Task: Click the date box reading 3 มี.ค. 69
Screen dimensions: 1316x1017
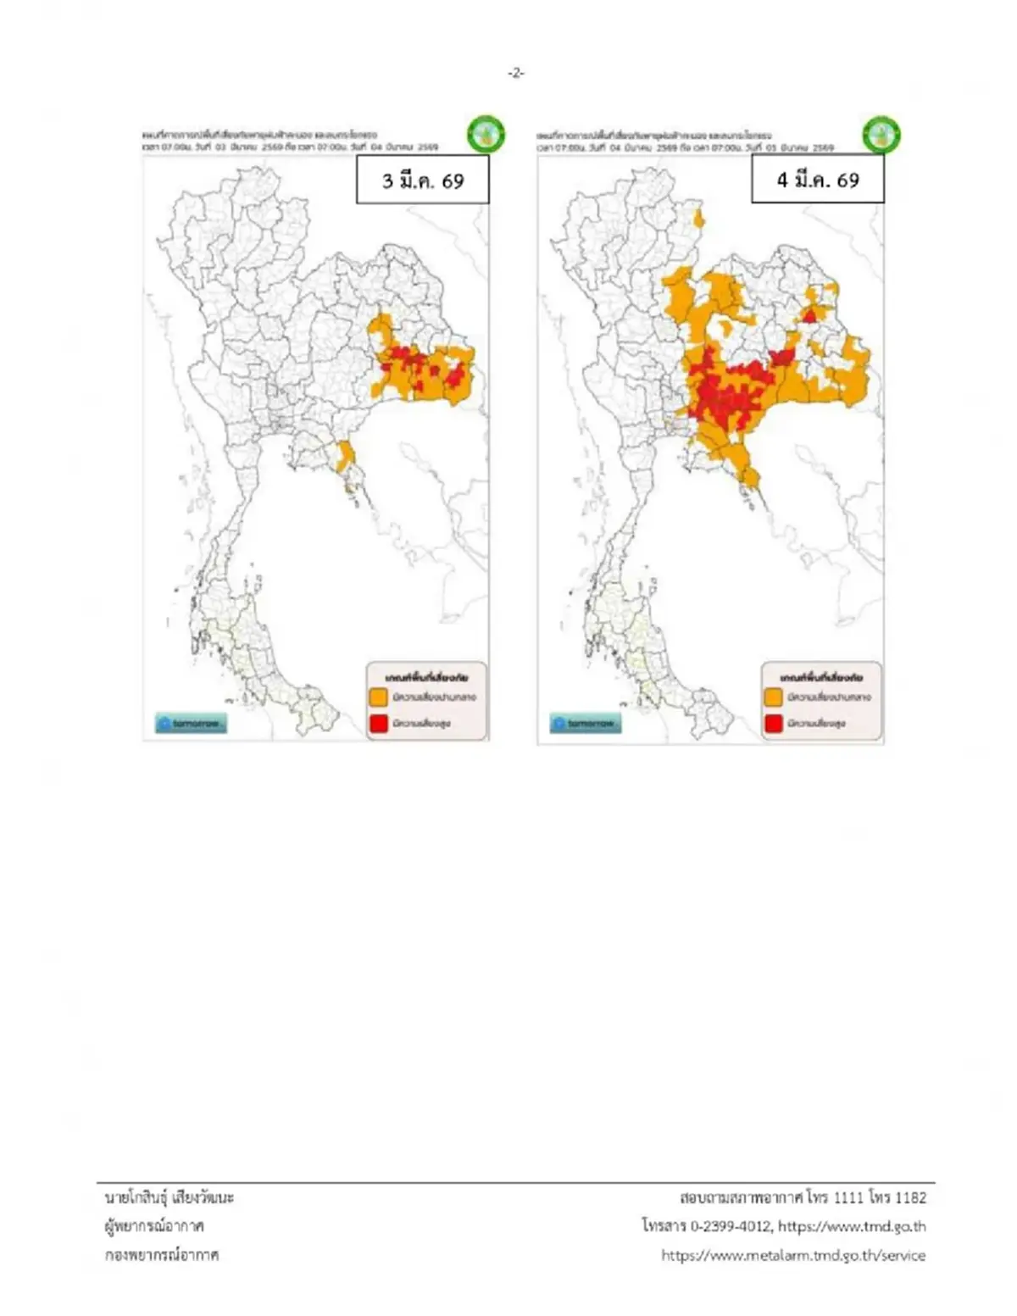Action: coord(422,180)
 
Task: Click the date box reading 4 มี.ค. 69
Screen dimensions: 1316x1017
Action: coord(817,180)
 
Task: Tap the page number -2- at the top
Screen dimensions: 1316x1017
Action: coord(515,73)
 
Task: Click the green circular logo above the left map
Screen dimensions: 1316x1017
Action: coord(486,134)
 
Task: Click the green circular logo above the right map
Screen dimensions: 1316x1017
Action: coord(881,134)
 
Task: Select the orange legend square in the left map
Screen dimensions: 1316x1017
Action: coord(378,697)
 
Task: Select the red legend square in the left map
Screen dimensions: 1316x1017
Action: coord(378,724)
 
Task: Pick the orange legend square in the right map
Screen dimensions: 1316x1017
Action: coord(773,697)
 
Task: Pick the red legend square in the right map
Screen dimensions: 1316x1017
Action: coord(773,724)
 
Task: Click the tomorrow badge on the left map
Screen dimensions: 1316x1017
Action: coord(191,724)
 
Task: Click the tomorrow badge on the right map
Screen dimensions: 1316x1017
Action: coord(586,724)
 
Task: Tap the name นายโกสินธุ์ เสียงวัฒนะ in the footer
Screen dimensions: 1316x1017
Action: coord(169,1197)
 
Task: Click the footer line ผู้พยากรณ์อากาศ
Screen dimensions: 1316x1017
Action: coord(154,1226)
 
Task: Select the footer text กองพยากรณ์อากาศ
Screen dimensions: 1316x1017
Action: coord(162,1255)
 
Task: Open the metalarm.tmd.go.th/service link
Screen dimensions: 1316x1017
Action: coord(793,1255)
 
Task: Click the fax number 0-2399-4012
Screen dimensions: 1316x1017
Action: coord(731,1226)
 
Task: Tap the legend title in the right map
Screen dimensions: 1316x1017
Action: coord(820,677)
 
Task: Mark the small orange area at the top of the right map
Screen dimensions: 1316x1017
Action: coord(699,219)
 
